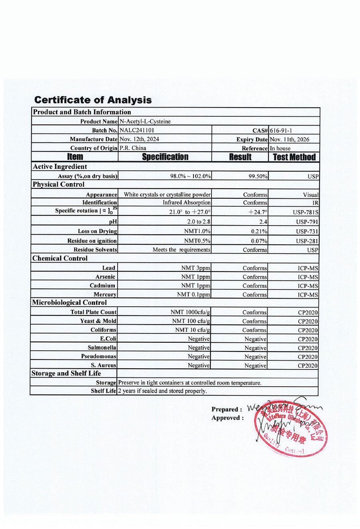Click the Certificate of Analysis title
point(93,100)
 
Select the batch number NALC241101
point(137,130)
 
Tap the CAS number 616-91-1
point(281,131)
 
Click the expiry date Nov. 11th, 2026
point(290,140)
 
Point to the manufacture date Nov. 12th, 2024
point(139,139)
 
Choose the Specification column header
point(165,157)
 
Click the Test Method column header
point(294,157)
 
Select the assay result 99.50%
point(258,176)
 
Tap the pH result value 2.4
point(263,222)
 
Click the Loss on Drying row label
point(97,231)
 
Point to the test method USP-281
point(307,241)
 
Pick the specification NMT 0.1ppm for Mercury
point(194,295)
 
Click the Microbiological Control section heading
point(70,303)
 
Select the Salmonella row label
point(102,348)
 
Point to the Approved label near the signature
point(227,418)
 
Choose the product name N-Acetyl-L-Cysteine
point(145,122)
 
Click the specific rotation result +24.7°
point(258,212)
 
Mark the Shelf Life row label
point(103,391)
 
